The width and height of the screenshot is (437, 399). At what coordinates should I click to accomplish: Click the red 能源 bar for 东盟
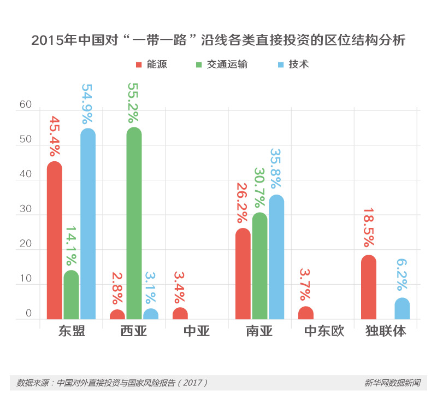(x=54, y=240)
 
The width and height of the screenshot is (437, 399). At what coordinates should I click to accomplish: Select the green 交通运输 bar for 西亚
(x=134, y=224)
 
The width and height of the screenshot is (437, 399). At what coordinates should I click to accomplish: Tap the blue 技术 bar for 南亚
(x=276, y=257)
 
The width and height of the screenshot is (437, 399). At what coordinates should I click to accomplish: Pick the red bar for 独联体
(x=369, y=287)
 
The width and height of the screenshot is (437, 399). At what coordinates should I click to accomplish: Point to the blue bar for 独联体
(x=402, y=308)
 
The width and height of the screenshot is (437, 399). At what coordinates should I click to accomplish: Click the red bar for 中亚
(x=180, y=313)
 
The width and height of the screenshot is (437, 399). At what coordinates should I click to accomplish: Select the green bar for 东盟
(x=71, y=295)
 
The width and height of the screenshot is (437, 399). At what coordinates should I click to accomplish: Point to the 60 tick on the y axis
(x=26, y=105)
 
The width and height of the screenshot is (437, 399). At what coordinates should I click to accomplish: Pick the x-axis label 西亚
(x=134, y=332)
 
